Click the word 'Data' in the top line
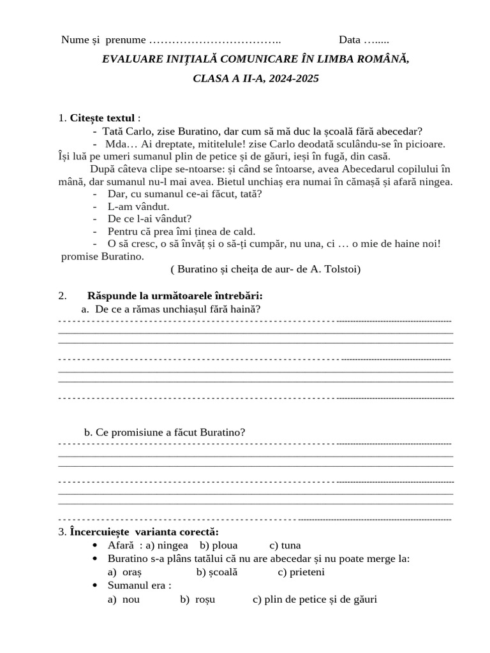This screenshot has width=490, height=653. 350,40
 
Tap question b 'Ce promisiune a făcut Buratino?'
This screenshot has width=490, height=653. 170,432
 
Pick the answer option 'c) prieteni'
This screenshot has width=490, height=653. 301,572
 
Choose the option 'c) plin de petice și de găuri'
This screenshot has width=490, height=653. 315,599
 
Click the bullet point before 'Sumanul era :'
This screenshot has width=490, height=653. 95,585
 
